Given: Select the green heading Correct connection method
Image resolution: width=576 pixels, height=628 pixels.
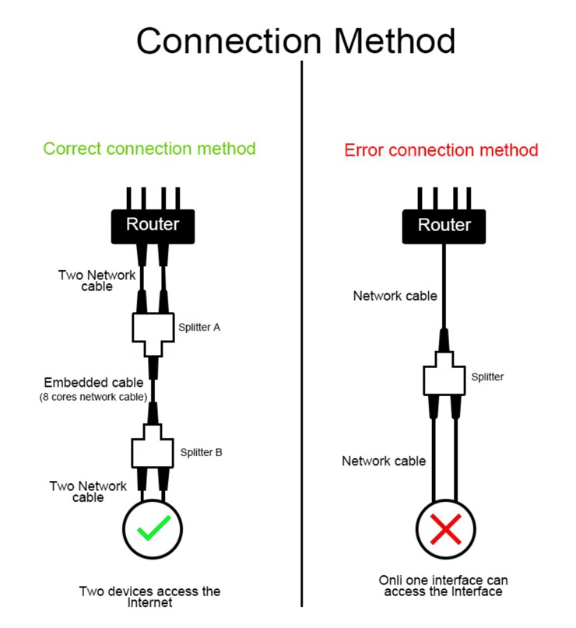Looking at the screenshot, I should click(x=149, y=148).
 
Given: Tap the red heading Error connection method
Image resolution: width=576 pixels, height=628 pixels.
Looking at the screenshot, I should click(x=441, y=149).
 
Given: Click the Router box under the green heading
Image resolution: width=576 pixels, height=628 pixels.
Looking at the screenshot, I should click(x=153, y=225).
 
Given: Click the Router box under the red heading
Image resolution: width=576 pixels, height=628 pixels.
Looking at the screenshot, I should click(x=444, y=225).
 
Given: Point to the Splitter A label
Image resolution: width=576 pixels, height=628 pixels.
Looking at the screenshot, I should click(x=199, y=328).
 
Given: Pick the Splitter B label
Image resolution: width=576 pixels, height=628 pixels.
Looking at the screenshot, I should click(x=202, y=452).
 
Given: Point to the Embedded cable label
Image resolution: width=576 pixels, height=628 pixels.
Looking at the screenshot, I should click(x=93, y=383).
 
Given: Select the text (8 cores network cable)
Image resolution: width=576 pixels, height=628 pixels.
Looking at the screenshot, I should click(x=93, y=398).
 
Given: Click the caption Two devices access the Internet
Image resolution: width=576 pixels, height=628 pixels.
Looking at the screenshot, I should click(x=149, y=597).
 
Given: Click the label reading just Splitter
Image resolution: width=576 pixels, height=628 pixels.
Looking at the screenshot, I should click(x=487, y=377).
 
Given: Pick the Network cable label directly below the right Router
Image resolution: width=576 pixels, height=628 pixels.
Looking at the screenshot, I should click(x=395, y=296).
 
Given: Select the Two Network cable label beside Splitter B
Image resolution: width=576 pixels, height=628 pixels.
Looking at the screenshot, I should click(x=88, y=492).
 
